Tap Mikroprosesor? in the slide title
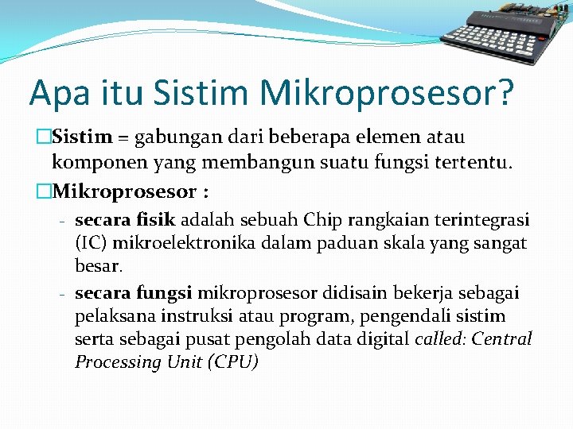coord(388,93)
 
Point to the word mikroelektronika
coord(170,242)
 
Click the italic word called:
coord(440,339)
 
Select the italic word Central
coord(501,339)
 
